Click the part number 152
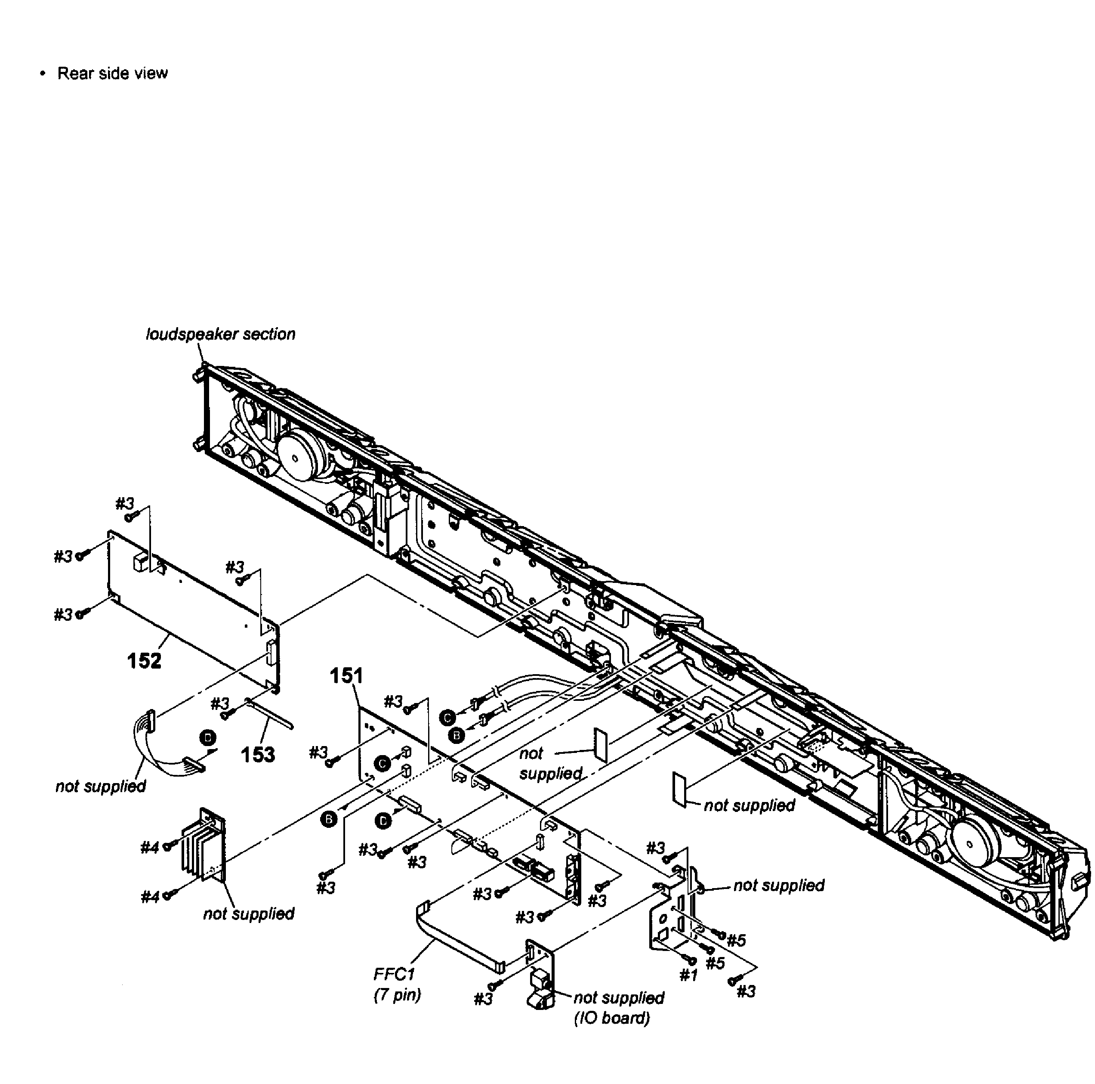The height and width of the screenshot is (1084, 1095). coord(145,660)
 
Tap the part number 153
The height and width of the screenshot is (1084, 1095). coord(258,755)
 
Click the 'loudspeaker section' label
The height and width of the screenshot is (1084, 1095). coord(220,334)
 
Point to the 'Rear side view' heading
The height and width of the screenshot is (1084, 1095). coord(112,73)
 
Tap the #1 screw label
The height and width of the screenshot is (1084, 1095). coord(689,975)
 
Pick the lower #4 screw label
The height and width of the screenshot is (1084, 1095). coord(150,896)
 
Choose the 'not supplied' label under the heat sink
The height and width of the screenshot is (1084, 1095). coord(249,914)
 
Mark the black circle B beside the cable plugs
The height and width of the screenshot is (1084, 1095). coord(456,735)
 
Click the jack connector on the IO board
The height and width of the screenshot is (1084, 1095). coord(540,996)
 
